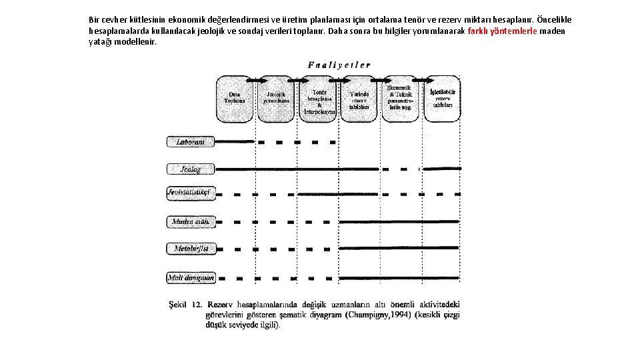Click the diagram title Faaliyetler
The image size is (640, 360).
[339, 65]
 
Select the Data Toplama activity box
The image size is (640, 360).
[234, 98]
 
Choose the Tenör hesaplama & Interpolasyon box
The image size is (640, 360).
[319, 99]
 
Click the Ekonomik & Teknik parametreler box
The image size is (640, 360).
[400, 98]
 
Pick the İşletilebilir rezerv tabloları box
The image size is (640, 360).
[442, 98]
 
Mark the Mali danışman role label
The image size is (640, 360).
[191, 277]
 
